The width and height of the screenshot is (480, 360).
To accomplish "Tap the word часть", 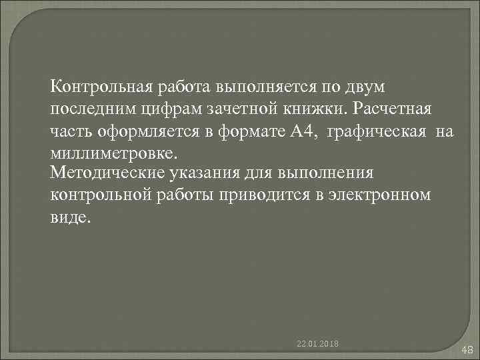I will (x=69, y=132).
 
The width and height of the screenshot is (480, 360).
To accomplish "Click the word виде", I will (x=68, y=218).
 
